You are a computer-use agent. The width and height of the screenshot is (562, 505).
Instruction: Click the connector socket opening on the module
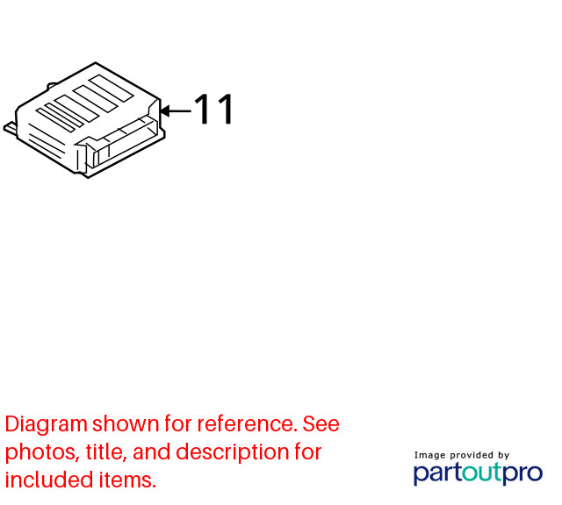(x=123, y=142)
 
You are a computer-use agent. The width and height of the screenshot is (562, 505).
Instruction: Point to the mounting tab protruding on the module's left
(x=10, y=129)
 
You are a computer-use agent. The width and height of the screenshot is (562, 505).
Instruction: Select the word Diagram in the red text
(x=47, y=425)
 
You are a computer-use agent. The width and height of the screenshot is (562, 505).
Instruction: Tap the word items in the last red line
(x=127, y=480)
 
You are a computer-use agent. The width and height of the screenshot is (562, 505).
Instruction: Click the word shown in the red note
(x=126, y=423)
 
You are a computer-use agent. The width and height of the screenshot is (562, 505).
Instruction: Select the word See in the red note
(x=321, y=423)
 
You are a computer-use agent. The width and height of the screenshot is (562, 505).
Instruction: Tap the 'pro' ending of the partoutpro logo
(x=523, y=474)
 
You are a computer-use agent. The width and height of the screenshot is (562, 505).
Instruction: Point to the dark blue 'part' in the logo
(x=437, y=473)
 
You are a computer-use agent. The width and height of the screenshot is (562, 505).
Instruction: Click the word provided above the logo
(x=472, y=455)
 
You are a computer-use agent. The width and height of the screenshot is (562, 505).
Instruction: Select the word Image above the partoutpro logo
(x=430, y=456)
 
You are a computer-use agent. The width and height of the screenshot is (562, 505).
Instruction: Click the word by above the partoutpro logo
(x=503, y=456)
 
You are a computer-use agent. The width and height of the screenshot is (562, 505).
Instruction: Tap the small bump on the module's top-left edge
(x=52, y=86)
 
